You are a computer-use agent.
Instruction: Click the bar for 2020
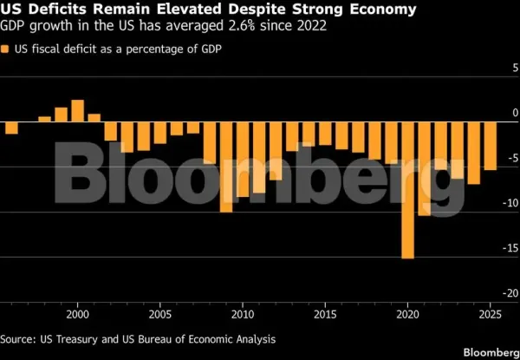point(407,190)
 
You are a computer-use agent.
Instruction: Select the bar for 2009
point(226,167)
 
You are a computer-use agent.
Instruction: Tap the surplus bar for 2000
point(78,111)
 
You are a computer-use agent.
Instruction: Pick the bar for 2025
point(491,146)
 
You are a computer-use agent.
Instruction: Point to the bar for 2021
point(424,168)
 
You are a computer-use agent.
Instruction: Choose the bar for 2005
point(160,133)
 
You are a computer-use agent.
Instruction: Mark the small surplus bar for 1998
point(45,119)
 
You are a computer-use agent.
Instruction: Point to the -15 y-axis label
point(510,248)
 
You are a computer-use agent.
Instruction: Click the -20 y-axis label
point(510,293)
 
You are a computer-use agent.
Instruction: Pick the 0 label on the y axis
point(515,113)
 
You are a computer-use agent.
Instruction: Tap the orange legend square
point(4,49)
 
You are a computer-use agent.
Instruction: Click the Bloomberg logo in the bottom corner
point(491,352)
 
